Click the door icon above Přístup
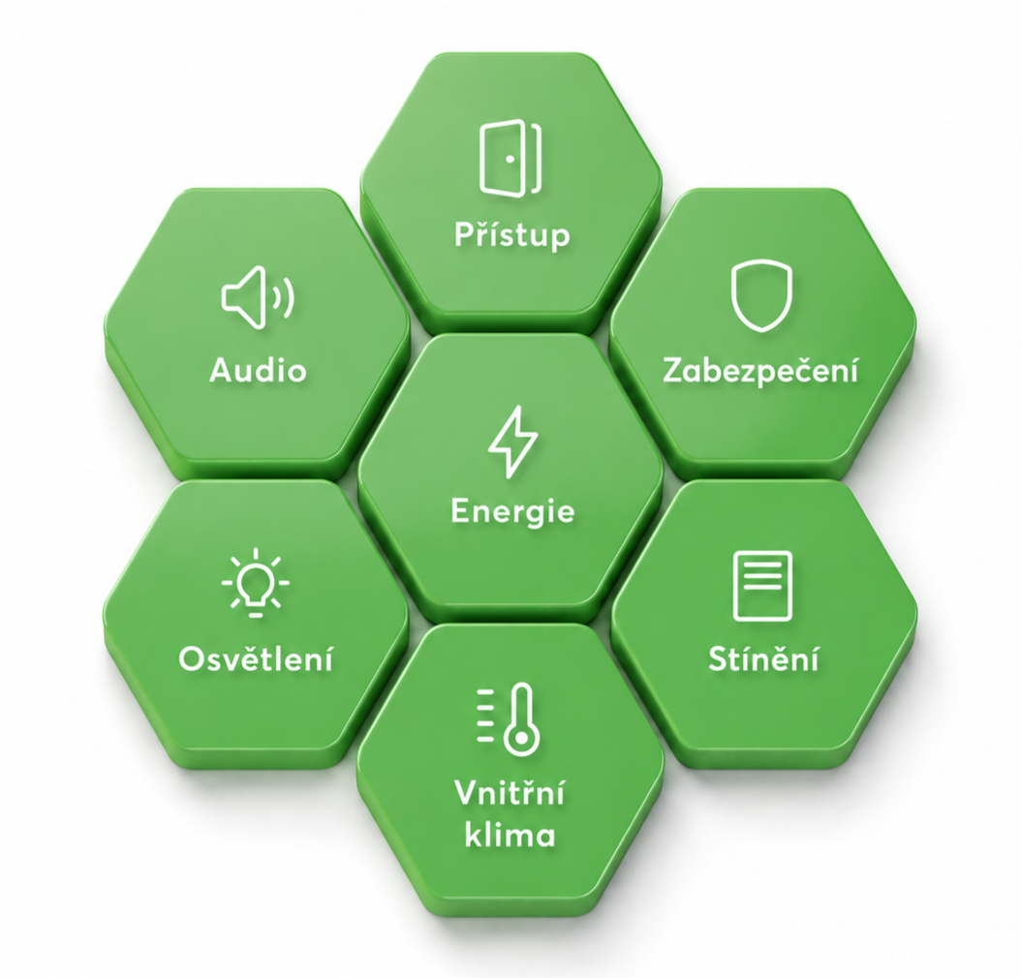pyautogui.click(x=511, y=157)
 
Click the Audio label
pyautogui.click(x=258, y=370)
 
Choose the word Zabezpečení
pyautogui.click(x=760, y=370)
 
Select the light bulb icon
pyautogui.click(x=256, y=583)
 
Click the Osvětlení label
pyautogui.click(x=256, y=658)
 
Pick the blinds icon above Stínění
pyautogui.click(x=762, y=587)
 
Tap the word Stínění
pyautogui.click(x=763, y=658)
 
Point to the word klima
pyautogui.click(x=511, y=834)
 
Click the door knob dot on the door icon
pyautogui.click(x=511, y=159)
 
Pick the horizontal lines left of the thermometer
pyautogui.click(x=486, y=714)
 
